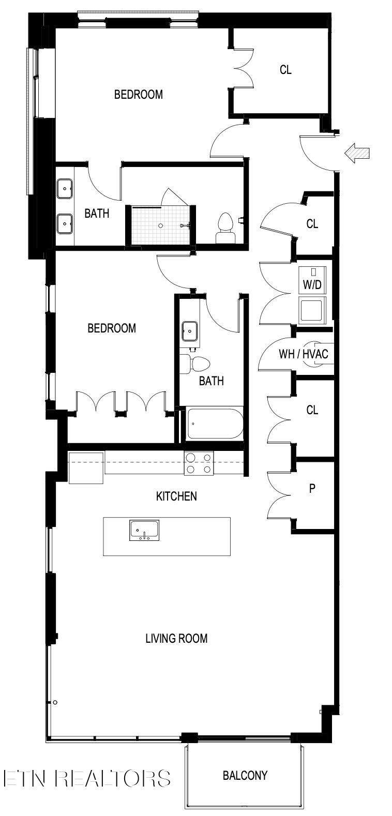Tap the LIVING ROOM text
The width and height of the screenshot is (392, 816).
pos(176,638)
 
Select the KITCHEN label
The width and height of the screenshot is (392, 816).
pos(176,496)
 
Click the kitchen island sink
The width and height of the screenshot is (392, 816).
pos(144,531)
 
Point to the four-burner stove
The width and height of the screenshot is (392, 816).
pos(199,463)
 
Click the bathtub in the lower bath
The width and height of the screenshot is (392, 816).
pos(215,424)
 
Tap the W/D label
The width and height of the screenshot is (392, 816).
pos(312,284)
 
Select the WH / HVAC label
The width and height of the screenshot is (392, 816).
pos(304,354)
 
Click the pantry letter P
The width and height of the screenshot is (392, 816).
pos(312,489)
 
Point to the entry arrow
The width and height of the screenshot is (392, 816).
pos(357,153)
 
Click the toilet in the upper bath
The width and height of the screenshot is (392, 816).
pos(224,228)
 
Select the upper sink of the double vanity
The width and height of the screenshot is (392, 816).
pos(65,189)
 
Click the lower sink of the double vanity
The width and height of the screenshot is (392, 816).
pos(65,223)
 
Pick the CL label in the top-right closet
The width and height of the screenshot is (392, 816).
pos(285,70)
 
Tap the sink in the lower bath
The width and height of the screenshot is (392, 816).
pos(190,331)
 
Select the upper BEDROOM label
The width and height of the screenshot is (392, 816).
pos(139,95)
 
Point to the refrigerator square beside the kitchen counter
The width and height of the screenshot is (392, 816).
pos(86,468)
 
